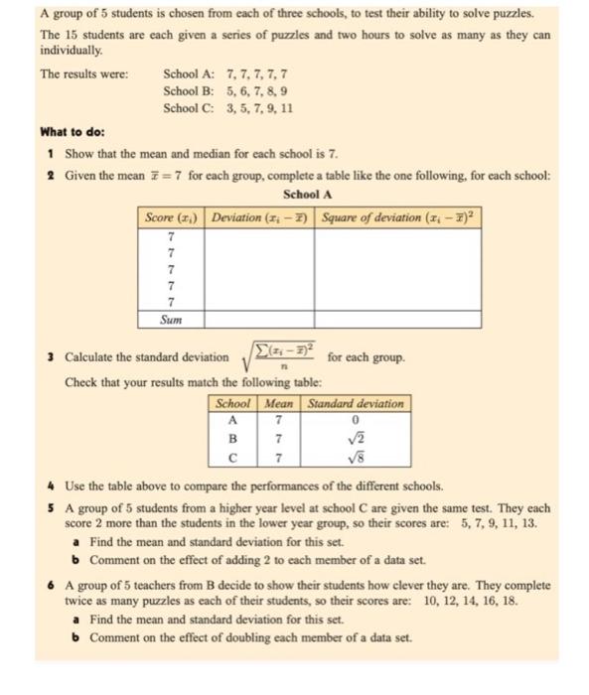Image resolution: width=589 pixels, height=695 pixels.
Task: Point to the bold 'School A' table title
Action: [x=307, y=195]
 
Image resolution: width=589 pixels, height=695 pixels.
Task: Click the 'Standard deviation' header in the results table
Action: [x=356, y=404]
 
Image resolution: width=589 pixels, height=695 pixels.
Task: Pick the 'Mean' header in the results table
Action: [x=280, y=404]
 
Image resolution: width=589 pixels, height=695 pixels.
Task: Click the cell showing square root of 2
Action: [x=356, y=438]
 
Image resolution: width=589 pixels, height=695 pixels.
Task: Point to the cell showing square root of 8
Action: [x=356, y=458]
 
